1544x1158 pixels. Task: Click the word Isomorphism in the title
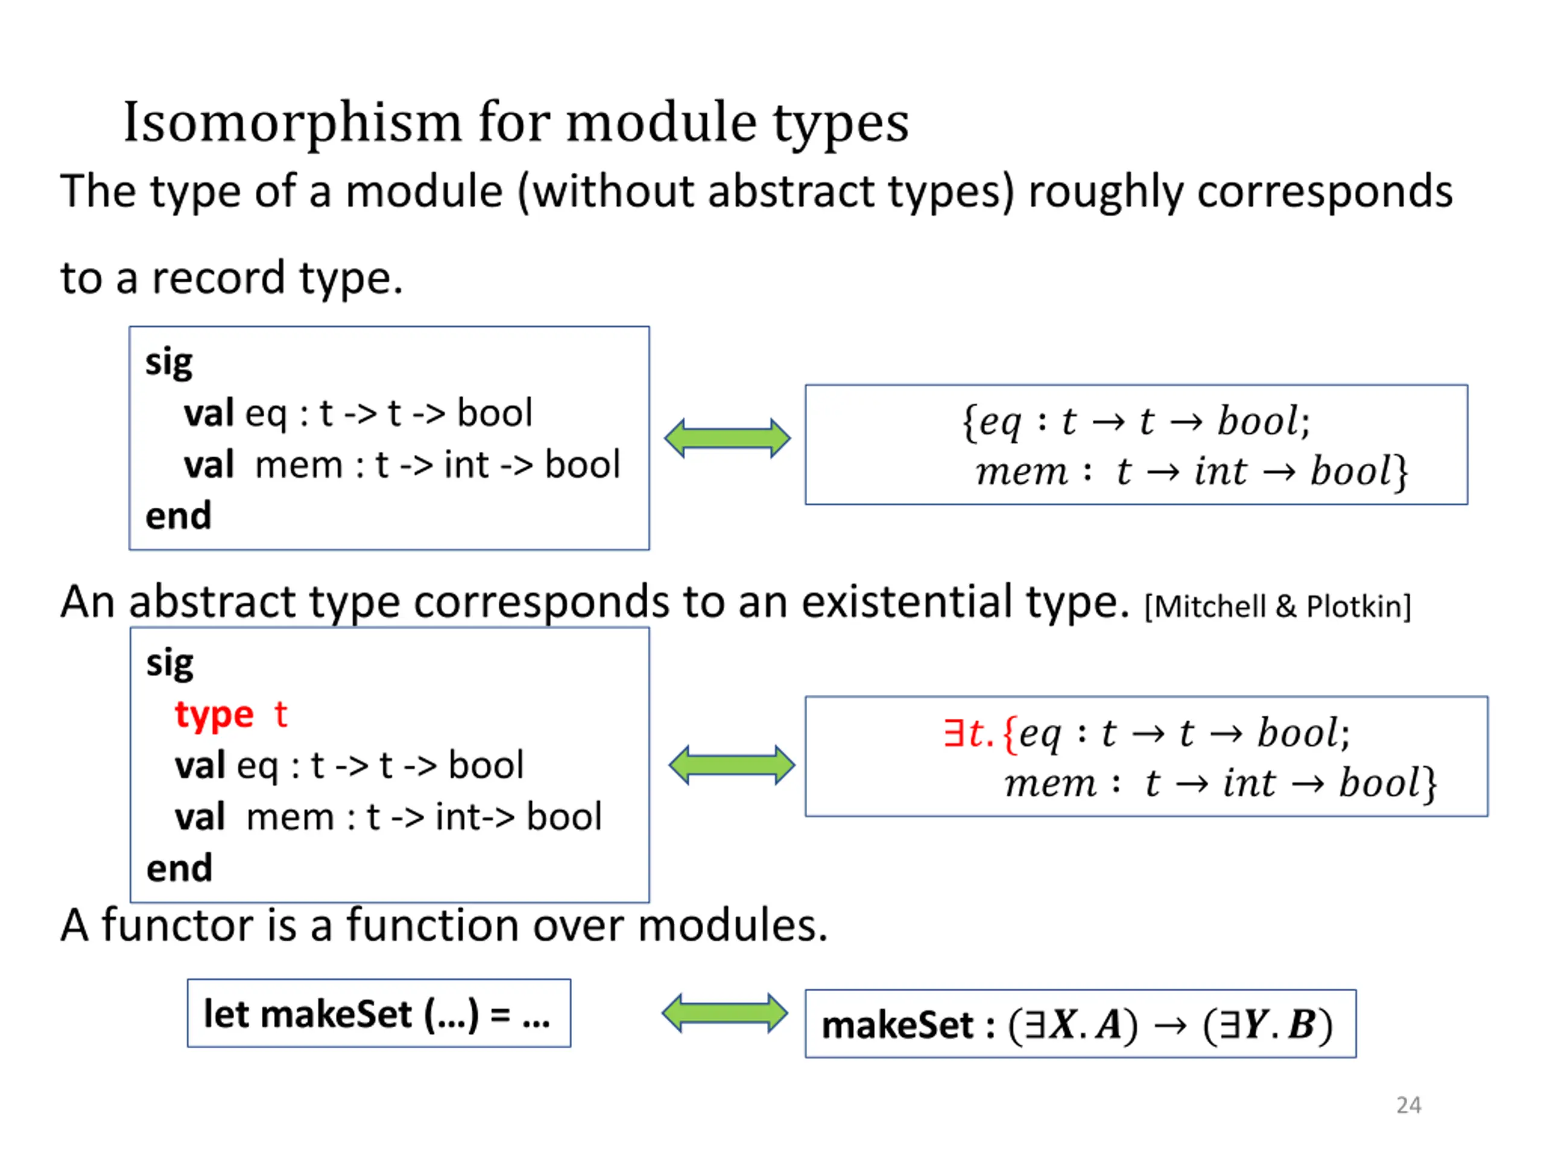[292, 123]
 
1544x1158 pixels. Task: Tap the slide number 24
[1408, 1105]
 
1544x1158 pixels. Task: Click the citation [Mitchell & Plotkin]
[1277, 607]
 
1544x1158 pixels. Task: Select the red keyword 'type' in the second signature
[214, 715]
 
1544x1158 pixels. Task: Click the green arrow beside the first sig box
[727, 438]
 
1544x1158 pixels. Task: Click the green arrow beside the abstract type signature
[732, 765]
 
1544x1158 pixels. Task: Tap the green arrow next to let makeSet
[724, 1013]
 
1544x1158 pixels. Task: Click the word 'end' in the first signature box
[178, 516]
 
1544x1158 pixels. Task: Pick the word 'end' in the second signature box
[179, 868]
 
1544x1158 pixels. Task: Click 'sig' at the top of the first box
[169, 363]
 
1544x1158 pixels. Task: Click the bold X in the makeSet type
[1063, 1025]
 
